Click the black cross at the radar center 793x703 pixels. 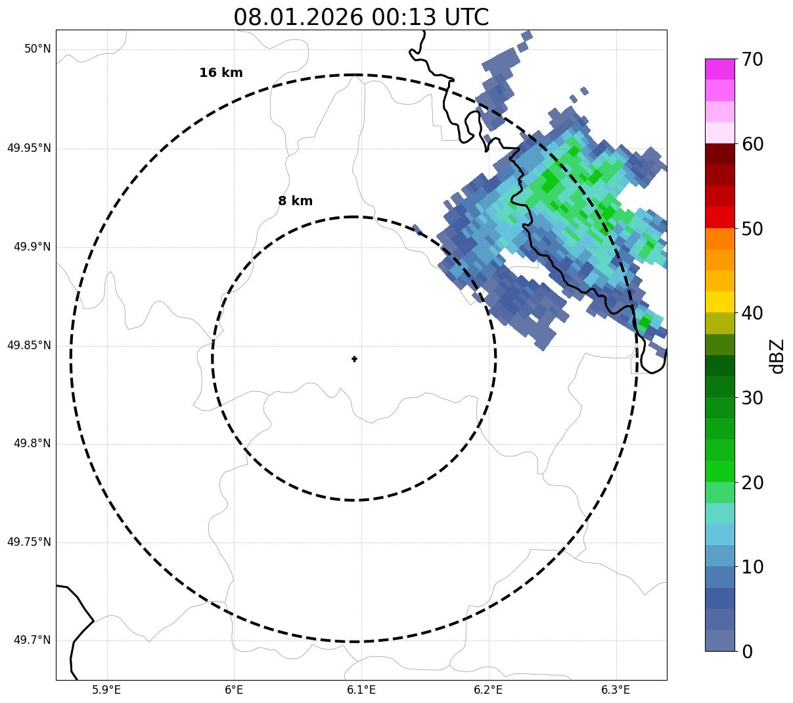354,358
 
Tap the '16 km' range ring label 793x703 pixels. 221,73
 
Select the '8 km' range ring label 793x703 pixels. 295,201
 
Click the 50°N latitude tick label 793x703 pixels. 37,49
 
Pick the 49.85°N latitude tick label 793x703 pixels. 29,345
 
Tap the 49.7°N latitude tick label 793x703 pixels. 32,641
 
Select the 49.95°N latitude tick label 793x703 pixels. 29,148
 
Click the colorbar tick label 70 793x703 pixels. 752,59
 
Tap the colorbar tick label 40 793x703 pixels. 752,313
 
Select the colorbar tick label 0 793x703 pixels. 747,652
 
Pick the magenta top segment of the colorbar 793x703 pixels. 719,69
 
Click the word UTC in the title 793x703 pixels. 466,17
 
